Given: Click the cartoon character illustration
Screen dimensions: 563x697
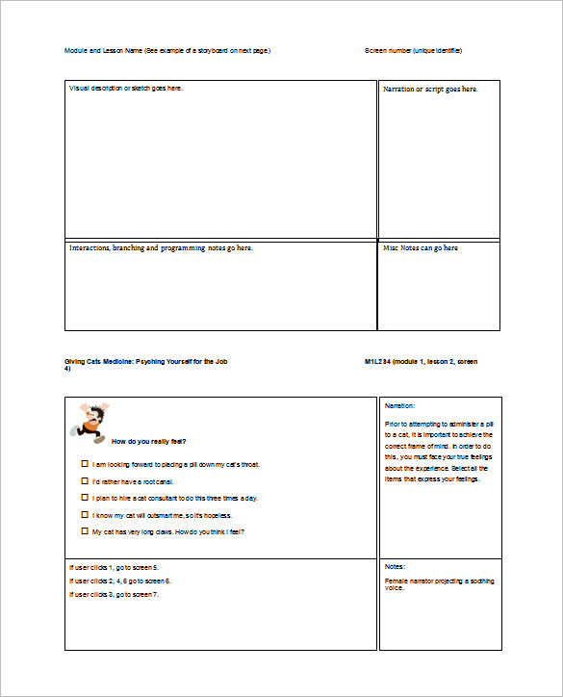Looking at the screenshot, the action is [x=89, y=422].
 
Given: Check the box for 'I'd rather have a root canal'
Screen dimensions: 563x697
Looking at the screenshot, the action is [x=85, y=480].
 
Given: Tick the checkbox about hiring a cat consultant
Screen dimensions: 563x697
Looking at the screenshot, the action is [x=85, y=498].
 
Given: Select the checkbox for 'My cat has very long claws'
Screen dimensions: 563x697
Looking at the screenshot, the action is [x=85, y=531].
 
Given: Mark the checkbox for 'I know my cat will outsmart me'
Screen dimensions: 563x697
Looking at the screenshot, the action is [x=85, y=515].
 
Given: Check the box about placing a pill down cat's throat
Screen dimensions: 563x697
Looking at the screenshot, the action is [x=85, y=464].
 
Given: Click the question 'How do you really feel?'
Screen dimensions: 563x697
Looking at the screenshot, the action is [x=149, y=442].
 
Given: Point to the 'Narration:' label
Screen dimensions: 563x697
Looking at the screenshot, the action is [x=399, y=406].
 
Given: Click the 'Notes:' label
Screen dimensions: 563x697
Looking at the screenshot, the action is [x=395, y=567].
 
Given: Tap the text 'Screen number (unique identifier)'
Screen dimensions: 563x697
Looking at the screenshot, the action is [x=413, y=50].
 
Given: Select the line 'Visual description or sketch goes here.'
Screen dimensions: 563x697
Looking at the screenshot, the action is [x=126, y=89].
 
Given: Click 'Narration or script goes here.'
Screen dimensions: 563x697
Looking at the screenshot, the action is [x=430, y=90].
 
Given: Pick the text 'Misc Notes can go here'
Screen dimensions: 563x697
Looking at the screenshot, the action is [x=421, y=248].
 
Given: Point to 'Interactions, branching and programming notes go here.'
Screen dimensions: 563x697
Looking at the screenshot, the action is [x=161, y=248].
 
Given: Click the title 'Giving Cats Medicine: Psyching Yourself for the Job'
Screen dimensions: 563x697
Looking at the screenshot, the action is [x=146, y=361].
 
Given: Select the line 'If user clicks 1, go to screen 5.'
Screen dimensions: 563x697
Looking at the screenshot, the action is [x=114, y=567].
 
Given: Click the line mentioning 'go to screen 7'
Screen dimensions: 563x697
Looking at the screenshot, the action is [x=114, y=594].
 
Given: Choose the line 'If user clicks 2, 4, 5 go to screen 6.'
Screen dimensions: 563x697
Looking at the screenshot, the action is [x=119, y=581].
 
